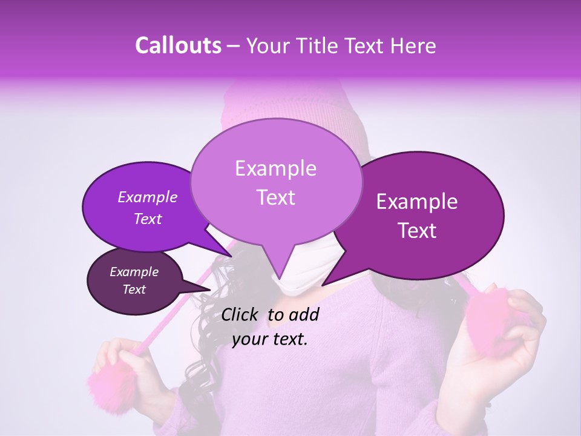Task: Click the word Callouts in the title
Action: coord(179,45)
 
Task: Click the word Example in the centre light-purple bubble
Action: coord(275,168)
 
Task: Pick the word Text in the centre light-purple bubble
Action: coord(275,197)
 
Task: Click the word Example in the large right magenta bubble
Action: coord(417,202)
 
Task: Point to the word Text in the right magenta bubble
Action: coord(417,231)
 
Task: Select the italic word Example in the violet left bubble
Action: coord(147,197)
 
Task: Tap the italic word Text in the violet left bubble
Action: coord(147,219)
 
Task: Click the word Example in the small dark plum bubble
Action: coord(134,272)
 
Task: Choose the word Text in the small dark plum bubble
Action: coord(134,289)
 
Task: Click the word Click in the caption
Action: coord(241,314)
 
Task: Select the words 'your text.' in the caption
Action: coord(270,340)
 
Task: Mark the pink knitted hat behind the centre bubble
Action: coord(254,106)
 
